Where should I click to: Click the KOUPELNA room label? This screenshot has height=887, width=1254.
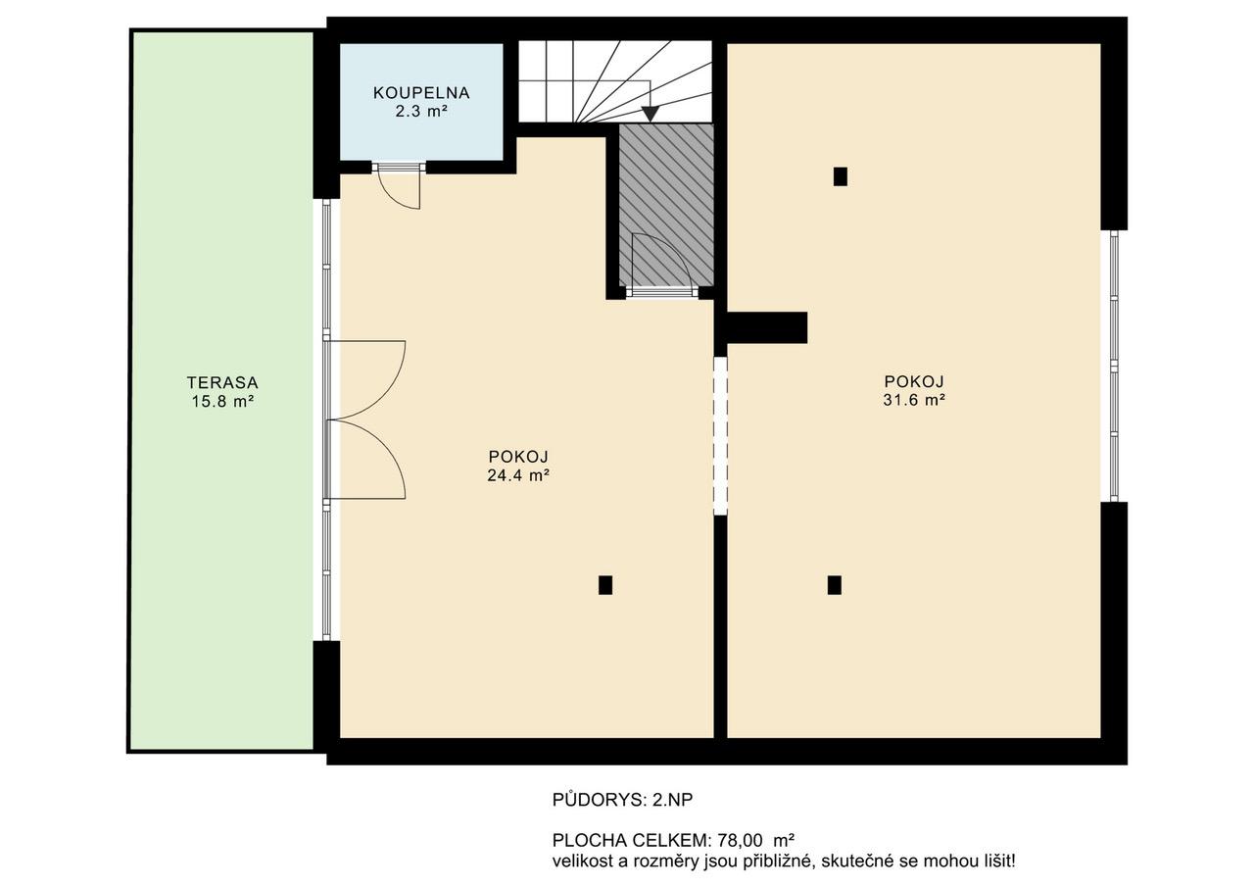(421, 93)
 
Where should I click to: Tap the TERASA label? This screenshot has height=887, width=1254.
(222, 382)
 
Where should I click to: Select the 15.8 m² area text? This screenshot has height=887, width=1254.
(222, 401)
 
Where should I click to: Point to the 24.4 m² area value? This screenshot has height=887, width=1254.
(518, 474)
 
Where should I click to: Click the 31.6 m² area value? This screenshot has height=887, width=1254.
(914, 400)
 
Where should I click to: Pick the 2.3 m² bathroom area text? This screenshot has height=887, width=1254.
(421, 111)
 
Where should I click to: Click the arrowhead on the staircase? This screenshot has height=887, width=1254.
(650, 115)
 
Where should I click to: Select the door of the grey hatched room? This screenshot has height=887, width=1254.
(662, 264)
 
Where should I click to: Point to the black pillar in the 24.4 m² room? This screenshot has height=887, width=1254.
(605, 584)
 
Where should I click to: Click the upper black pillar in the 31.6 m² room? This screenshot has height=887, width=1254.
(840, 176)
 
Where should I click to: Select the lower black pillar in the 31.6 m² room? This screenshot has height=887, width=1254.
(834, 584)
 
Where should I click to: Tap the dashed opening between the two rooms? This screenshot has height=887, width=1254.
(720, 436)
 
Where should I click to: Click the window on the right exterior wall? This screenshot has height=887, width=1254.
(1114, 366)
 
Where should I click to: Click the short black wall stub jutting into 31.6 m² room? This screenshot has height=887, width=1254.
(767, 327)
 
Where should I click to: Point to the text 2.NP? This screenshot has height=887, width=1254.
(672, 800)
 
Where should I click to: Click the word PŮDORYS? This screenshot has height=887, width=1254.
(600, 800)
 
